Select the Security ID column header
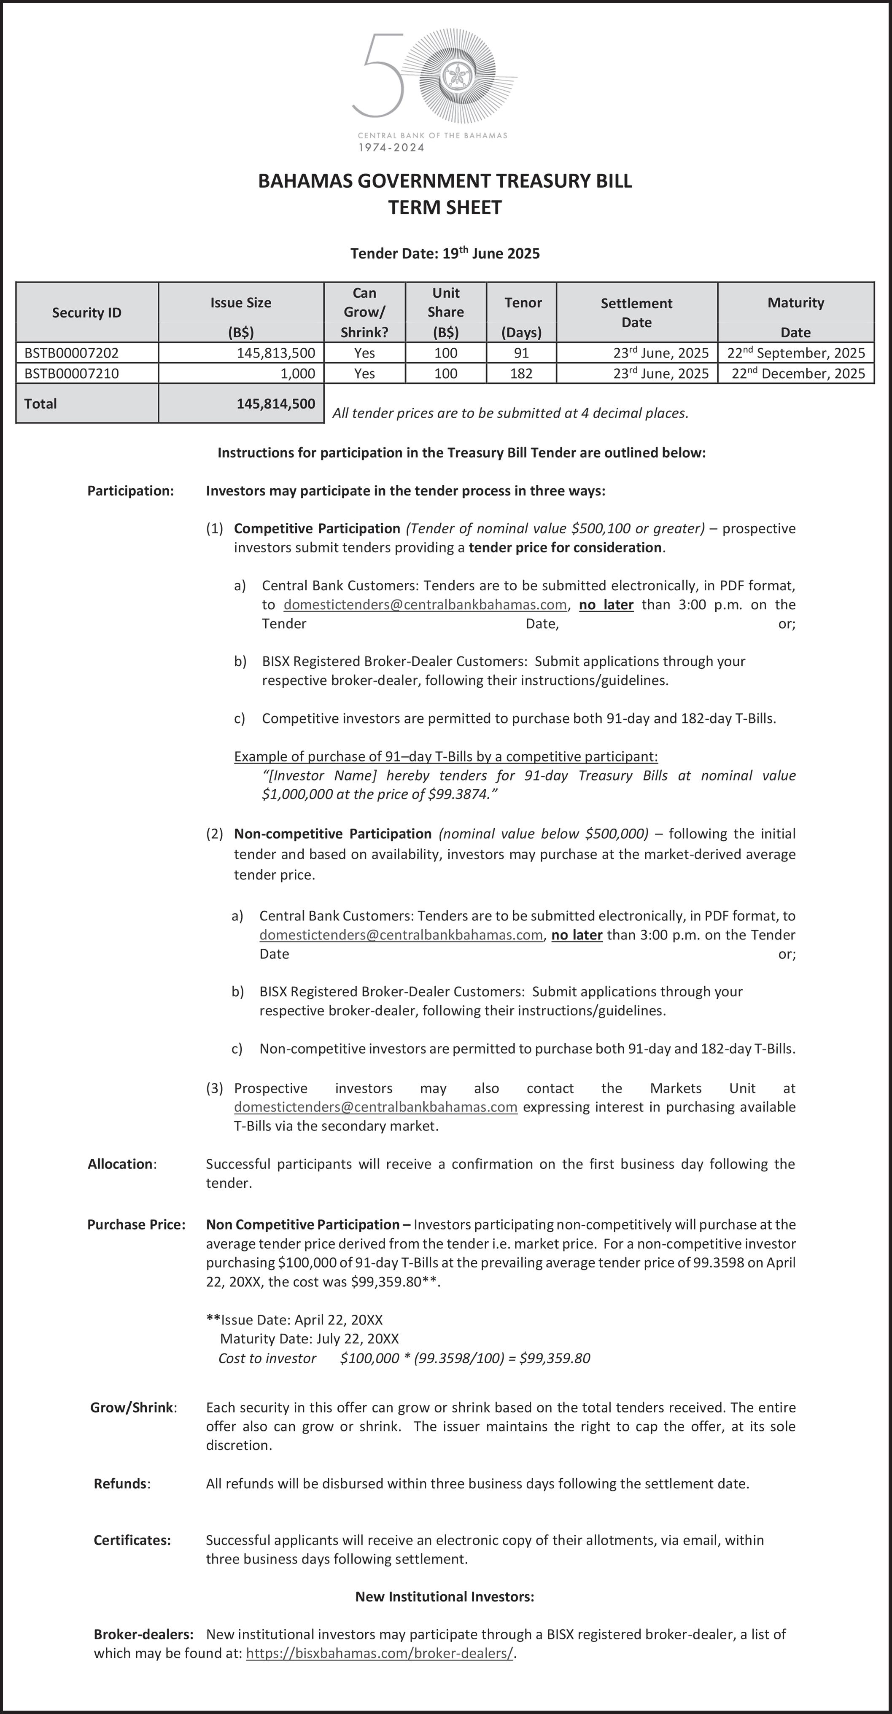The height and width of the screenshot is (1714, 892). click(86, 313)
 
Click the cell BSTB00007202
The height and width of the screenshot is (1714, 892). click(72, 352)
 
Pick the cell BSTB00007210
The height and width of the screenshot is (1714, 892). click(72, 373)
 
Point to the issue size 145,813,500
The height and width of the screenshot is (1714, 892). click(275, 352)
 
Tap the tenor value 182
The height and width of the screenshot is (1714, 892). click(521, 373)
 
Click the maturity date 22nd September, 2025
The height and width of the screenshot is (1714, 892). click(796, 352)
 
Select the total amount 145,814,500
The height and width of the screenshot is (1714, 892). click(275, 403)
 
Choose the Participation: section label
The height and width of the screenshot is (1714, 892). click(130, 491)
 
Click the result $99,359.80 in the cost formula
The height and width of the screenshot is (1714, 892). click(555, 1358)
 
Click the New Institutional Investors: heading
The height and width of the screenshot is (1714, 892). click(445, 1597)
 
